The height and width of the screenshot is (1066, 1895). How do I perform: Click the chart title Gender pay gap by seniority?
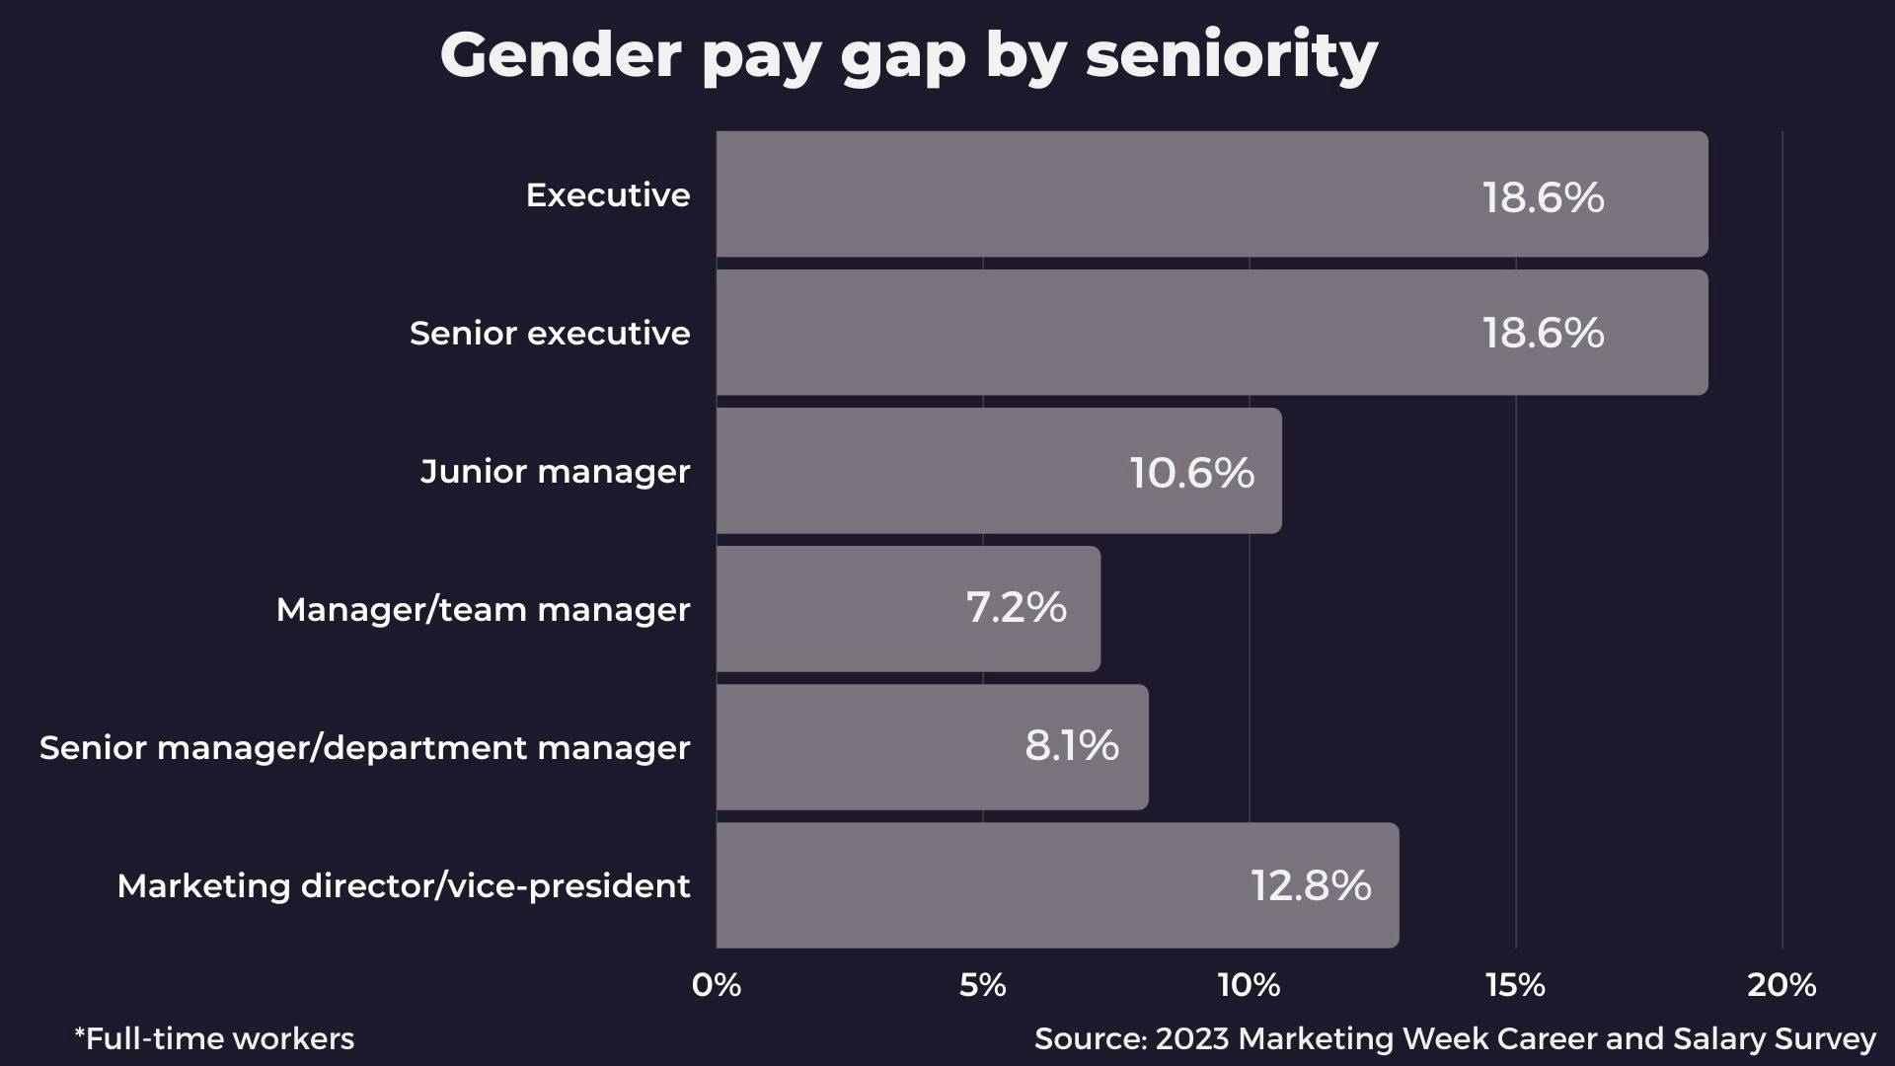coord(908,55)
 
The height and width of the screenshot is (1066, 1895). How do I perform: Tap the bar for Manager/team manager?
coord(908,609)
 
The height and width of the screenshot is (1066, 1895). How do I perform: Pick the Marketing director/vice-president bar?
coord(1056,885)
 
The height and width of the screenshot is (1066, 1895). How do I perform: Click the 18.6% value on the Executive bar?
coord(1543,196)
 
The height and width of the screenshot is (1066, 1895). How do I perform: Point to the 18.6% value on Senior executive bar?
coord(1543,333)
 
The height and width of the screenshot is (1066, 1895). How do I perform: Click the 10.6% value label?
coord(1191,473)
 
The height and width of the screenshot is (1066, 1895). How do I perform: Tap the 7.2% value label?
coord(1016,607)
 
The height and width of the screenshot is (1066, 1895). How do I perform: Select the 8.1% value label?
coord(1071,745)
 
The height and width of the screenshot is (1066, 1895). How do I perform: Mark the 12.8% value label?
coord(1311,885)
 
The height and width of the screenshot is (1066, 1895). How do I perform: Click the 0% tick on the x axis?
coord(717,985)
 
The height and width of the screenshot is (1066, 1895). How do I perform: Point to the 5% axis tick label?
coord(982,985)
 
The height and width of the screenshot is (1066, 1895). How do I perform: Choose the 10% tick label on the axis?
coord(1249,985)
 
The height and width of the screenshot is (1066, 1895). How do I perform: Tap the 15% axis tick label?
coord(1515,985)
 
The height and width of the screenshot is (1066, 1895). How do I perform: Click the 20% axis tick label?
coord(1781,985)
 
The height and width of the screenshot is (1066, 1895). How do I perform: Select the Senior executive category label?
coord(550,334)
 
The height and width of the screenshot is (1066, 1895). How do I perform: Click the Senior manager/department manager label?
coord(364,748)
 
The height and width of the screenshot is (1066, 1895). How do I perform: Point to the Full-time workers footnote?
coord(214,1038)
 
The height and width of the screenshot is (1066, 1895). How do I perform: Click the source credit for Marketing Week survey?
coord(1455,1038)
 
